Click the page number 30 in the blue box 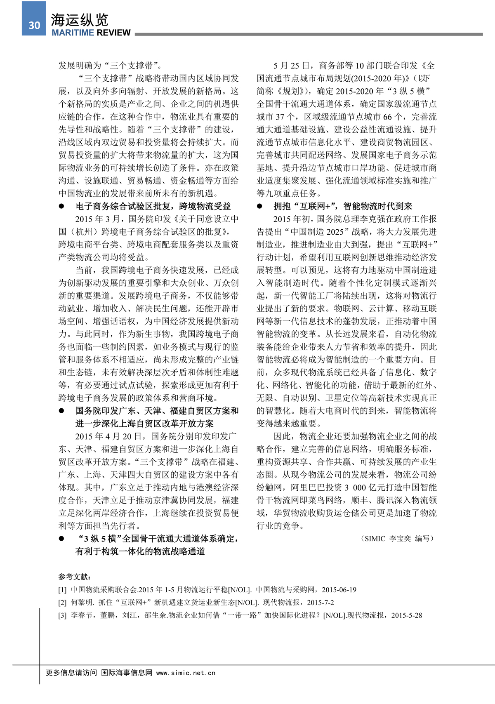(x=34, y=25)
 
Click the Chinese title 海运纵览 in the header (x=80, y=19)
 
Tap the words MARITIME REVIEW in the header (x=91, y=33)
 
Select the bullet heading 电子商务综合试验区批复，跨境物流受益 (x=153, y=206)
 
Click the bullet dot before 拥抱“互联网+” (x=259, y=206)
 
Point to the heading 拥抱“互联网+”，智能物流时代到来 (x=343, y=206)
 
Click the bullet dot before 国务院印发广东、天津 (x=61, y=411)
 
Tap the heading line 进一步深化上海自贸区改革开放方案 (x=144, y=424)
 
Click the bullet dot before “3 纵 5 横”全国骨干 (x=61, y=539)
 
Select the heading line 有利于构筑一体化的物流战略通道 (x=140, y=551)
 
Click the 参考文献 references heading (x=75, y=577)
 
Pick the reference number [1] (x=62, y=590)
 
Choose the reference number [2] (x=62, y=603)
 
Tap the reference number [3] (x=62, y=615)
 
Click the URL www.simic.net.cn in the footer (x=186, y=673)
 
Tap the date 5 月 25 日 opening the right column (x=292, y=66)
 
